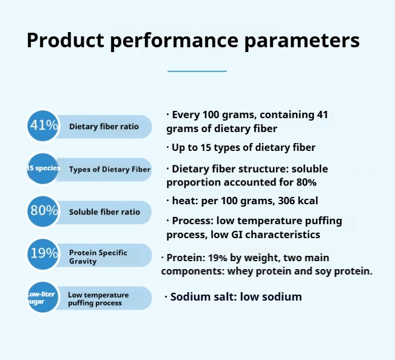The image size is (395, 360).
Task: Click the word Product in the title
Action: [66, 40]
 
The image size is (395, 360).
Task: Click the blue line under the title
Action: [197, 71]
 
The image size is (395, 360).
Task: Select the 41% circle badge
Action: [43, 125]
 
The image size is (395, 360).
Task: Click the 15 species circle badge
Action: [43, 168]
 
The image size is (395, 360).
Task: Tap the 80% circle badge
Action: [43, 211]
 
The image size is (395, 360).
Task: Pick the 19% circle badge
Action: [43, 254]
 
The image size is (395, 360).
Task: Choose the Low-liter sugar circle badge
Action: [43, 297]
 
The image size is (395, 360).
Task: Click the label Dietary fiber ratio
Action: [104, 126]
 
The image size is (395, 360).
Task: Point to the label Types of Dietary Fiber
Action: [110, 169]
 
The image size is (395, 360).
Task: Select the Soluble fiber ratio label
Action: [104, 212]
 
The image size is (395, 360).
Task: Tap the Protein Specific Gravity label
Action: [98, 256]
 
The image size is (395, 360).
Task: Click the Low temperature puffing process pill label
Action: [98, 299]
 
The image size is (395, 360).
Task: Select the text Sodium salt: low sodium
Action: [236, 296]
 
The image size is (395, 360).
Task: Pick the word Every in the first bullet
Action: [186, 115]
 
